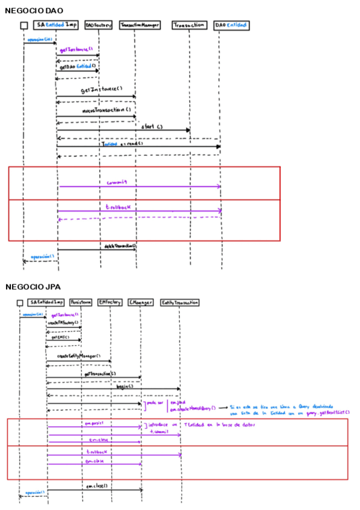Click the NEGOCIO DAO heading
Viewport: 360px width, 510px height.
pyautogui.click(x=34, y=11)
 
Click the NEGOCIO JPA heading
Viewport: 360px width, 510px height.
pyautogui.click(x=32, y=287)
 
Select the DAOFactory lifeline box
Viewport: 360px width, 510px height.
pyautogui.click(x=98, y=25)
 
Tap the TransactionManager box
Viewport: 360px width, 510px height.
pyautogui.click(x=139, y=25)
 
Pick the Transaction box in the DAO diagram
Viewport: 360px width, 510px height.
pyautogui.click(x=189, y=25)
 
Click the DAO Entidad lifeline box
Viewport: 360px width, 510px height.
pyautogui.click(x=231, y=25)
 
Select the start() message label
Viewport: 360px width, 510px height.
pyautogui.click(x=151, y=126)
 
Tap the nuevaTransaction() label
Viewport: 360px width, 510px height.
pyautogui.click(x=106, y=110)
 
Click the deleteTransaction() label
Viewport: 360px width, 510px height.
pyautogui.click(x=120, y=245)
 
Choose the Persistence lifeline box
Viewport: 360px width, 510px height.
pyautogui.click(x=81, y=301)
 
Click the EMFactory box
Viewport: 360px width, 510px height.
pyautogui.click(x=109, y=301)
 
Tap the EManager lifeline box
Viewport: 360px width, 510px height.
pyautogui.click(x=141, y=301)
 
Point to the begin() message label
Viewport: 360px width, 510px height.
pyautogui.click(x=125, y=386)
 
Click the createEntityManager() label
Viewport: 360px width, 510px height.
pyautogui.click(x=78, y=356)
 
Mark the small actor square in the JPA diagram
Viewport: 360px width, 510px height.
pyautogui.click(x=20, y=302)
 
